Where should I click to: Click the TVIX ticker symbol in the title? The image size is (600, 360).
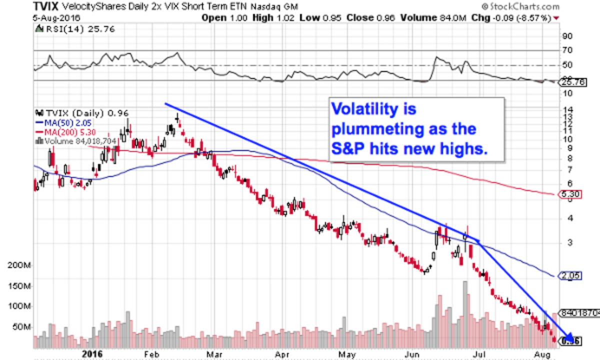(x=45, y=7)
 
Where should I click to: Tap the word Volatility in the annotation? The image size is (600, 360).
(x=367, y=109)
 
